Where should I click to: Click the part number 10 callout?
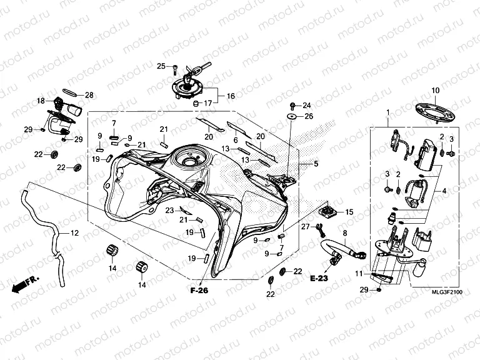click(435, 91)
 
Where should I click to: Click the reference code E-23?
click(319, 279)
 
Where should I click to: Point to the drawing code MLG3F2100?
click(447, 292)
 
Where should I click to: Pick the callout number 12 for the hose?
click(74, 233)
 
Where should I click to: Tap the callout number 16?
click(230, 96)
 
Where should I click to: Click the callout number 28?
click(89, 95)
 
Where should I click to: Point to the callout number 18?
click(41, 100)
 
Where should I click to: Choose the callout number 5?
click(316, 164)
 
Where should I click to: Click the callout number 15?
click(349, 212)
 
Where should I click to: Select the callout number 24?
click(306, 105)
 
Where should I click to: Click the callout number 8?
click(344, 232)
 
